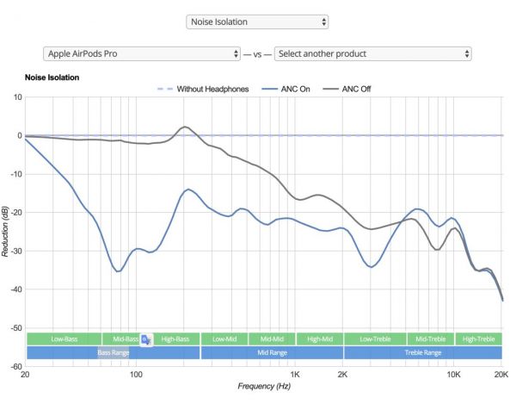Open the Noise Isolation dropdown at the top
click(x=257, y=21)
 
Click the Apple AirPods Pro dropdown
click(x=141, y=53)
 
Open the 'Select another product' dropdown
click(x=372, y=53)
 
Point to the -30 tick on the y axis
click(x=14, y=251)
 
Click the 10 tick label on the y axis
click(x=16, y=96)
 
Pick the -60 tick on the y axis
click(x=14, y=366)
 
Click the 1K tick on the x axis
click(x=295, y=376)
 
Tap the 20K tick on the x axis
click(x=501, y=376)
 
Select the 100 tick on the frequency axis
click(x=135, y=376)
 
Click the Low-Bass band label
click(x=64, y=339)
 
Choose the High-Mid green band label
click(x=320, y=339)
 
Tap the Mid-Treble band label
click(x=429, y=339)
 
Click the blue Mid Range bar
click(x=272, y=352)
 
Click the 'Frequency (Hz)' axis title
click(x=264, y=387)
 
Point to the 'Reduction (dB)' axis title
click(x=6, y=231)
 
